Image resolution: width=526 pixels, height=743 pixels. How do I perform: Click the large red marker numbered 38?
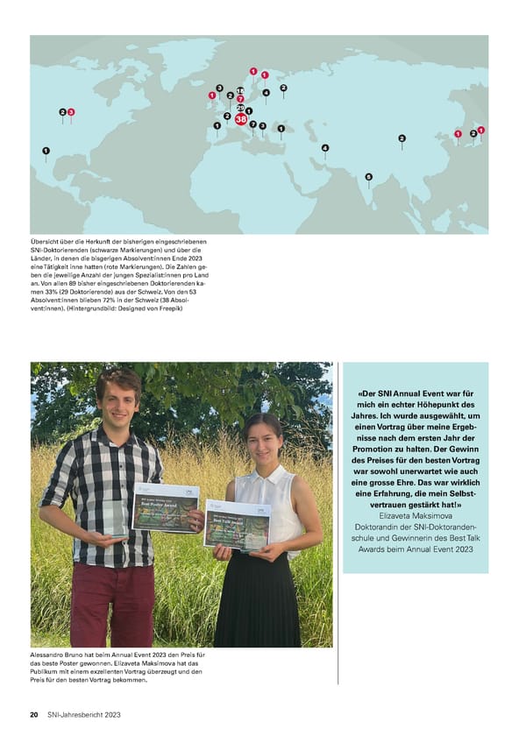[x=241, y=118]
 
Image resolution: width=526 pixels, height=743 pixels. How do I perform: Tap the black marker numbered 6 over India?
[x=368, y=176]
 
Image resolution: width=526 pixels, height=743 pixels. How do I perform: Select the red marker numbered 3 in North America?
[x=71, y=112]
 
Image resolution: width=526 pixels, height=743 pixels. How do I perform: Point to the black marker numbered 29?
[x=240, y=108]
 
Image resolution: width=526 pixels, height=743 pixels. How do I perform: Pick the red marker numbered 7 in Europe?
[x=240, y=99]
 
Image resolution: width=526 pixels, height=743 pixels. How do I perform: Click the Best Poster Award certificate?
[x=165, y=506]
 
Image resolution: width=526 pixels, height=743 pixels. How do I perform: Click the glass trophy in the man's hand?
[x=115, y=518]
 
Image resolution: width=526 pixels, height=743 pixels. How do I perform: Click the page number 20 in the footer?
[x=34, y=715]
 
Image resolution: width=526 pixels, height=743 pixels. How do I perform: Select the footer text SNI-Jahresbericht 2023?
[x=84, y=715]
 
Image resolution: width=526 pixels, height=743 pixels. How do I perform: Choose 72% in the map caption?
[x=121, y=301]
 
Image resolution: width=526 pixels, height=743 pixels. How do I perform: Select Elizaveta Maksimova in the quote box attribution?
[x=415, y=516]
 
